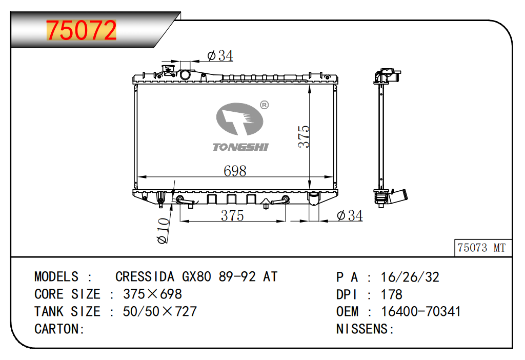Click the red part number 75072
tap(82, 30)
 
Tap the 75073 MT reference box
tap(483, 248)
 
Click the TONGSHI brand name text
tap(240, 147)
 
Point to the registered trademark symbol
tap(265, 105)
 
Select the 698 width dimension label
tap(235, 171)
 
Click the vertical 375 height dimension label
tap(304, 136)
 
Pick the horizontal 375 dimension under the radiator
tap(232, 215)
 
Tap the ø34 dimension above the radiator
tap(220, 55)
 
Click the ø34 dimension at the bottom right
tap(350, 215)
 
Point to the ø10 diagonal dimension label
tap(164, 231)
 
